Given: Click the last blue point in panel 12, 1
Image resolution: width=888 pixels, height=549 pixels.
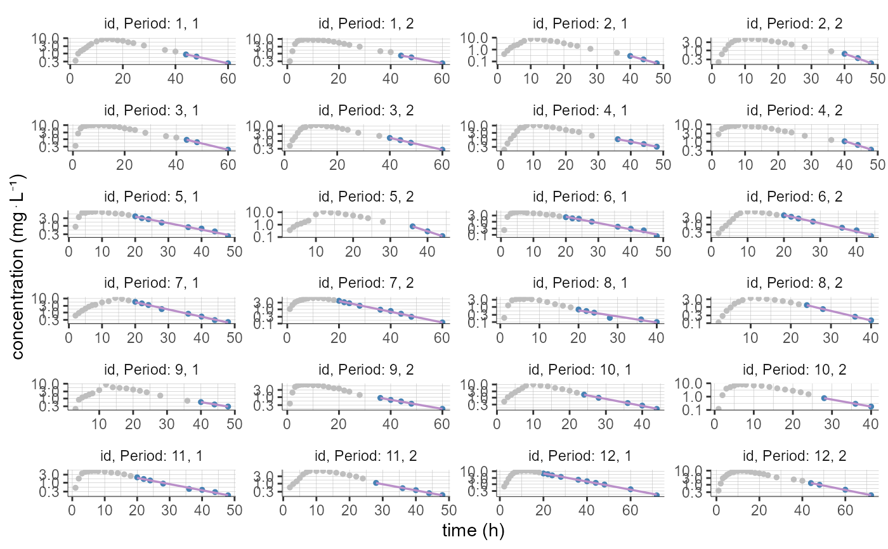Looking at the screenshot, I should pos(657,495).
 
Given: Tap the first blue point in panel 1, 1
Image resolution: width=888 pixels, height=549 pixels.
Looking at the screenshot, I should pos(186,55).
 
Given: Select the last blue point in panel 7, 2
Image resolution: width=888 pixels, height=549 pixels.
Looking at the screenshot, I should pos(441,322).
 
